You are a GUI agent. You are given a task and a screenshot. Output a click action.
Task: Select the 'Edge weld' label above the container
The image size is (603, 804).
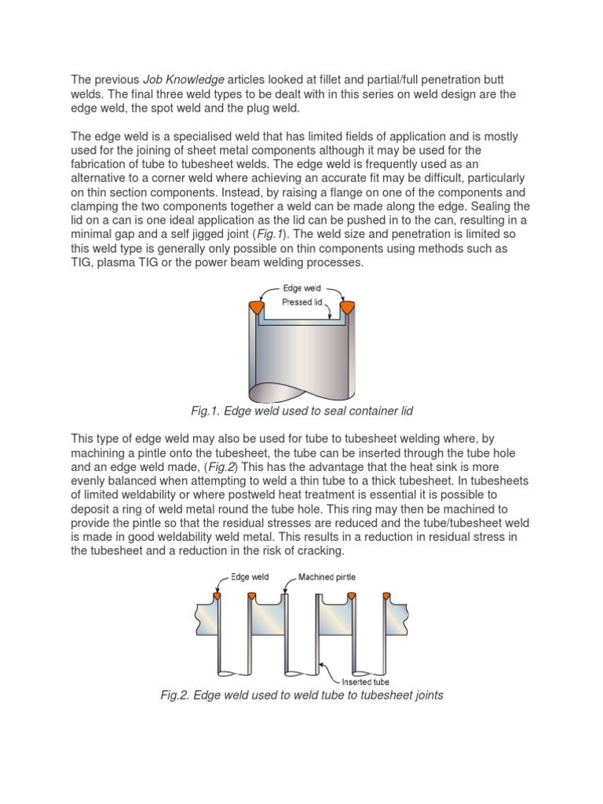point(301,288)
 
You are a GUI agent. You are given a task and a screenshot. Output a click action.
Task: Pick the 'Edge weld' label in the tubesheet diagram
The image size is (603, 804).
point(250,577)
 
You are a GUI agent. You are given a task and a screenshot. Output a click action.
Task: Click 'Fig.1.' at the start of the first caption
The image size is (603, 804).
point(206,411)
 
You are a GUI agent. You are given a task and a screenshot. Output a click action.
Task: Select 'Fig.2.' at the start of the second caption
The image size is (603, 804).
point(176,696)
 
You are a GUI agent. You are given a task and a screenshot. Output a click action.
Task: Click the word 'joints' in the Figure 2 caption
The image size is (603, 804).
point(426,696)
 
